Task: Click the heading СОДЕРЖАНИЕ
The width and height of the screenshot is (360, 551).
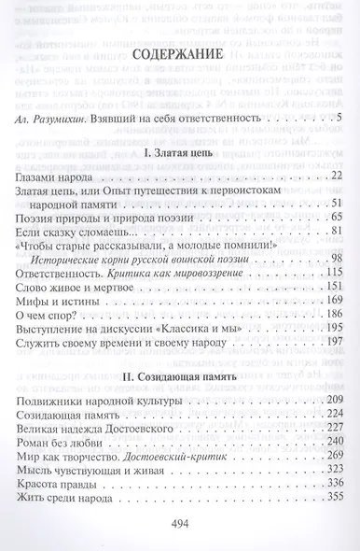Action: pos(180,81)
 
